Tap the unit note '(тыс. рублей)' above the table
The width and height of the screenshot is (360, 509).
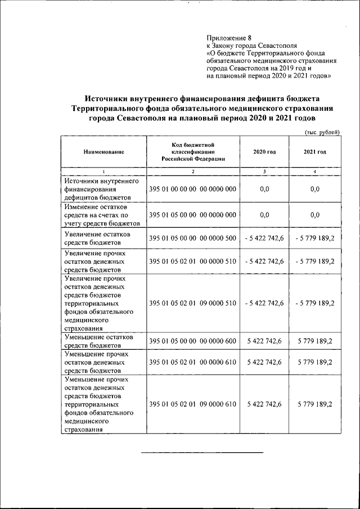click(x=321, y=132)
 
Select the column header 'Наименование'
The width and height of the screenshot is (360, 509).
click(x=103, y=152)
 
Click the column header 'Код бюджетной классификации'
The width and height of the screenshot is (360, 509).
click(x=193, y=152)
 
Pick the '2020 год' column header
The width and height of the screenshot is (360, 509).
click(x=264, y=152)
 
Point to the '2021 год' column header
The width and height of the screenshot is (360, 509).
click(x=314, y=152)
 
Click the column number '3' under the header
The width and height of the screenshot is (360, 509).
click(x=264, y=171)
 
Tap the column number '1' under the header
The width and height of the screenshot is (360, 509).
click(x=103, y=171)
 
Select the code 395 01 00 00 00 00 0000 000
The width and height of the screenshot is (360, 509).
click(x=192, y=190)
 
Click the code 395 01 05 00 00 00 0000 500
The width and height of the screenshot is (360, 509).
click(x=192, y=238)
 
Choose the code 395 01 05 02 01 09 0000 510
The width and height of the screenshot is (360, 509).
click(x=192, y=303)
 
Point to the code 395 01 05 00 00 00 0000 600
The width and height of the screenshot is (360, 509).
click(x=192, y=341)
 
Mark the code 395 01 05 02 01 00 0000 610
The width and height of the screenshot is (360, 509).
click(x=192, y=363)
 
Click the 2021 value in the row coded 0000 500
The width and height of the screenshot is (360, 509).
click(x=314, y=238)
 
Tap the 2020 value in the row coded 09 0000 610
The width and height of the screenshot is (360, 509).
click(x=264, y=404)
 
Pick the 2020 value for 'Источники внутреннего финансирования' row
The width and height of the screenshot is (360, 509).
click(x=264, y=190)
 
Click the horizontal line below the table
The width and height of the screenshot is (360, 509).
click(x=201, y=452)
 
